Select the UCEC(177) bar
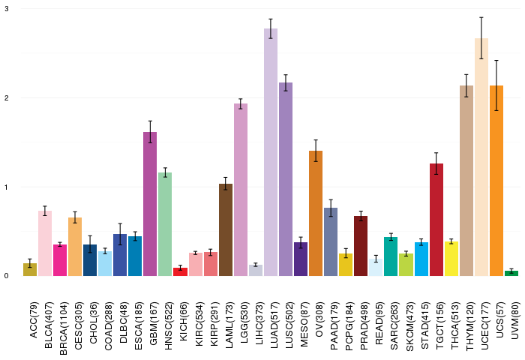(x=481, y=157)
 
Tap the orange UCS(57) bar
(x=496, y=181)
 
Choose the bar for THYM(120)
(x=466, y=181)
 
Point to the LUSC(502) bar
(x=286, y=179)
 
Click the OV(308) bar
(x=316, y=214)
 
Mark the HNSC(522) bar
(x=165, y=224)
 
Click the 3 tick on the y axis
(x=7, y=9)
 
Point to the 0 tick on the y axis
(x=7, y=276)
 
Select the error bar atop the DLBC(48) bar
(x=120, y=233)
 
